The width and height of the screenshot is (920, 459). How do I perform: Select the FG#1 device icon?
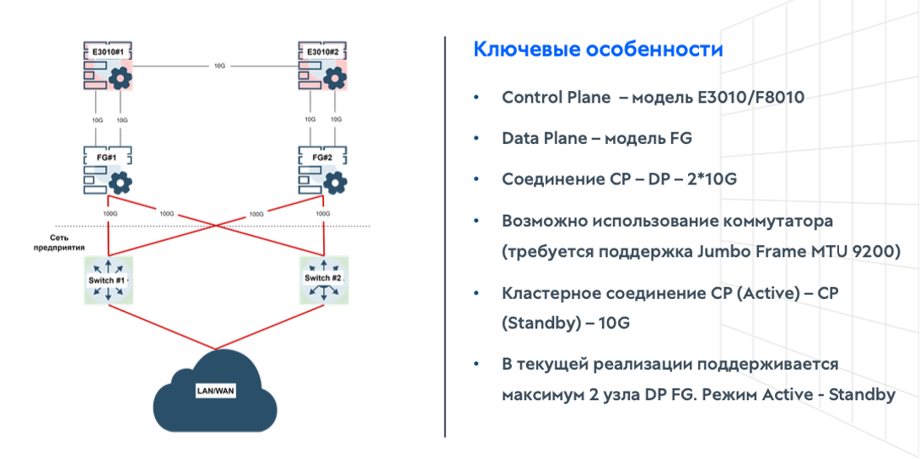(x=110, y=171)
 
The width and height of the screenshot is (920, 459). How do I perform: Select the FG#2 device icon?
(x=324, y=171)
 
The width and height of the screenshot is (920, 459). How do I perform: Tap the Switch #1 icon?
(x=108, y=280)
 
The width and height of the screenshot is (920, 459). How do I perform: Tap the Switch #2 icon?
(x=324, y=280)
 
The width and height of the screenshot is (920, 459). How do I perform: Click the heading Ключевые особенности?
(x=598, y=50)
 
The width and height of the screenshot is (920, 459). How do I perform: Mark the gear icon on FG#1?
(x=121, y=180)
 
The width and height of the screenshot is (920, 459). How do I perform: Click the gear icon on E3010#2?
(x=336, y=79)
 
